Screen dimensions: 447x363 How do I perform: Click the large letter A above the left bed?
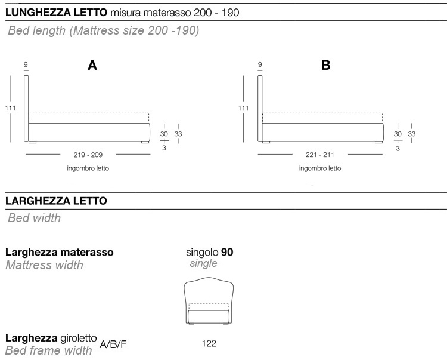(92, 66)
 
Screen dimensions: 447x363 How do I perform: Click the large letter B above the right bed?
(326, 65)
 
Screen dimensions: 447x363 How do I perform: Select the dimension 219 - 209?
(88, 155)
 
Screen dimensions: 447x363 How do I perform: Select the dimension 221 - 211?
(320, 155)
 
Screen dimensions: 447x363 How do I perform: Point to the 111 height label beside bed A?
(10, 108)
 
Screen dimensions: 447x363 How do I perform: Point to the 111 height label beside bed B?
(243, 108)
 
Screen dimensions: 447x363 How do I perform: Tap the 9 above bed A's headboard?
(26, 64)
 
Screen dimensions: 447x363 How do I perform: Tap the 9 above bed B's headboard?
(260, 64)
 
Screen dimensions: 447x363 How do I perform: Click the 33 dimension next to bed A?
(178, 134)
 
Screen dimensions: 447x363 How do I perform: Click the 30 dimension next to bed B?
(398, 134)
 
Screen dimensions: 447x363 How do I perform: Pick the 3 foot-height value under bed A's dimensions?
(164, 148)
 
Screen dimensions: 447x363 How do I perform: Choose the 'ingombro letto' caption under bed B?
(320, 168)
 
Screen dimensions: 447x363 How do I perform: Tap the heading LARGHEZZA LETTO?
(56, 201)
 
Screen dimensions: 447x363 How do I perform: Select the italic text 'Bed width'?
(34, 218)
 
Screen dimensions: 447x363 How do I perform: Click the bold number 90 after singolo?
(227, 252)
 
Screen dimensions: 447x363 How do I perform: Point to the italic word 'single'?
(204, 263)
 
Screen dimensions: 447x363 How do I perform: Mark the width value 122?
(209, 343)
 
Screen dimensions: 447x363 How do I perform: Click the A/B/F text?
(113, 344)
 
